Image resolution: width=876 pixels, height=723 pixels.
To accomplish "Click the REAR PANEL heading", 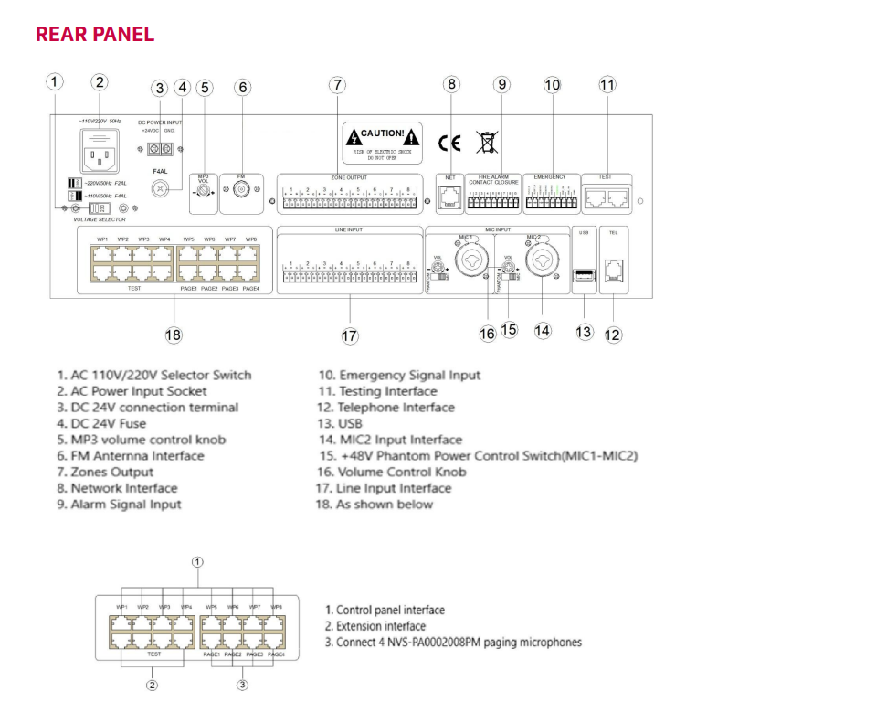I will pos(95,35).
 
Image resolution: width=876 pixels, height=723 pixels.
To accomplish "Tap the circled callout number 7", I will pos(338,85).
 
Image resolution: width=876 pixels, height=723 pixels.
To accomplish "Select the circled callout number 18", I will pos(174,335).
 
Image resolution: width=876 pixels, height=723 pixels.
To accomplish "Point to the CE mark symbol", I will pos(449,143).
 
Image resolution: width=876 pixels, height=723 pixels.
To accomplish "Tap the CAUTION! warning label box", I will pos(384,140).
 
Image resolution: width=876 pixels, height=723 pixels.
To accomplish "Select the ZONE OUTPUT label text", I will pos(349,176).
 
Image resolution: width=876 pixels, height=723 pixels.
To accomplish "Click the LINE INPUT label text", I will pos(350,229).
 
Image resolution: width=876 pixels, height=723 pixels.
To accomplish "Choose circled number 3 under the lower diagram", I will pos(242,685).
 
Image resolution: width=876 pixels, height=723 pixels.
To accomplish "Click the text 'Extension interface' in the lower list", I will pos(376,626).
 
